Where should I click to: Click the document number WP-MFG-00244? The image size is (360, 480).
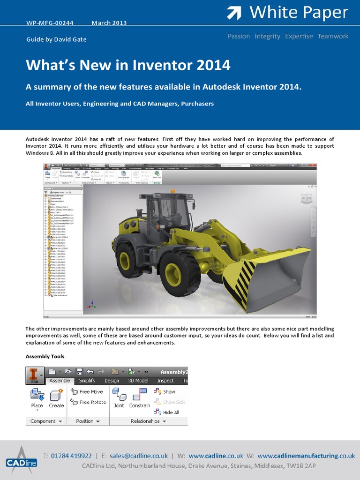pyautogui.click(x=49, y=23)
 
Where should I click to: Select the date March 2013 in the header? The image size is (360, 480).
pyautogui.click(x=109, y=23)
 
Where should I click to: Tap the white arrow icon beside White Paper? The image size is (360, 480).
pyautogui.click(x=234, y=13)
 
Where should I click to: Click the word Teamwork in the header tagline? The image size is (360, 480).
pyautogui.click(x=333, y=36)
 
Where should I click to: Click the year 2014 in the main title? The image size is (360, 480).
pyautogui.click(x=213, y=65)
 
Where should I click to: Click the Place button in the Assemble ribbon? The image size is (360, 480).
pyautogui.click(x=37, y=398)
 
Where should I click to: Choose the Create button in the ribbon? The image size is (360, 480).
pyautogui.click(x=56, y=398)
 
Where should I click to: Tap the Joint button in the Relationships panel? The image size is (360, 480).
pyautogui.click(x=119, y=398)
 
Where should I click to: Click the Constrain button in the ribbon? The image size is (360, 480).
pyautogui.click(x=140, y=398)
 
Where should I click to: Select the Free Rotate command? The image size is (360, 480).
pyautogui.click(x=89, y=402)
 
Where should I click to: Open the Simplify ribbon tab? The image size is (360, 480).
pyautogui.click(x=87, y=381)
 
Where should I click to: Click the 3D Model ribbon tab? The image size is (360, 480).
pyautogui.click(x=138, y=381)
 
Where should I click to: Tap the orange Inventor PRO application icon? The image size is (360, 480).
pyautogui.click(x=34, y=375)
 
